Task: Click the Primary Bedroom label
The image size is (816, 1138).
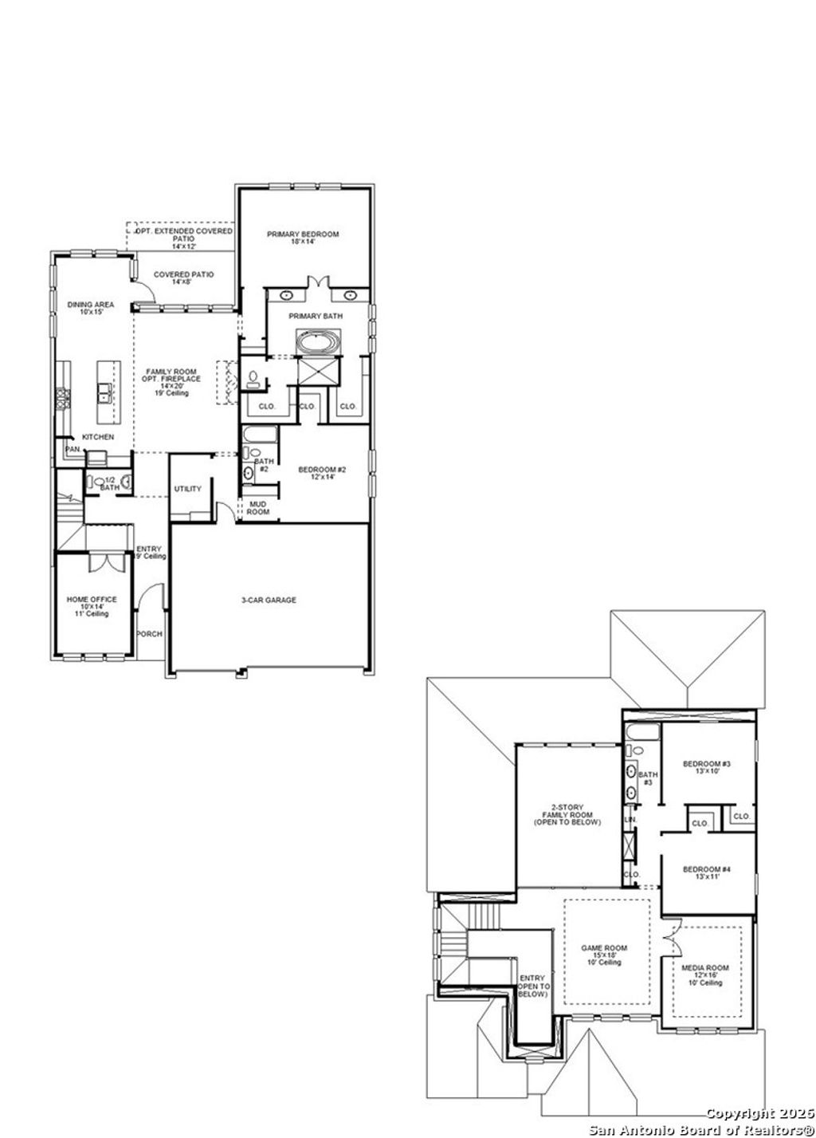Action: [x=303, y=234]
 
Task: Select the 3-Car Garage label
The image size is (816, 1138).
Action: [x=269, y=600]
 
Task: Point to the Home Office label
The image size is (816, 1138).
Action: [x=92, y=600]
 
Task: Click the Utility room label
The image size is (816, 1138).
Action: [x=188, y=489]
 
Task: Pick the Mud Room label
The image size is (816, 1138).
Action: [x=258, y=508]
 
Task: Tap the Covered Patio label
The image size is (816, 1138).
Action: [x=183, y=274]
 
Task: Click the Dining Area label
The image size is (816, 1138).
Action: [x=90, y=305]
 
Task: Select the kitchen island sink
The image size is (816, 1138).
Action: [x=104, y=392]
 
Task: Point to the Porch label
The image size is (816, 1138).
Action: [x=149, y=634]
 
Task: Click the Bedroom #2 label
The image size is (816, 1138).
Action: [x=322, y=470]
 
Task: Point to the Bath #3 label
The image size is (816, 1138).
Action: [x=648, y=778]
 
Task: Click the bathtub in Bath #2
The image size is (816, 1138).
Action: [x=260, y=435]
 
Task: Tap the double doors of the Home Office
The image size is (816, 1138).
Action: [x=105, y=561]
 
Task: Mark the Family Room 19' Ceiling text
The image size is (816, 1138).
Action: [x=171, y=393]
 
